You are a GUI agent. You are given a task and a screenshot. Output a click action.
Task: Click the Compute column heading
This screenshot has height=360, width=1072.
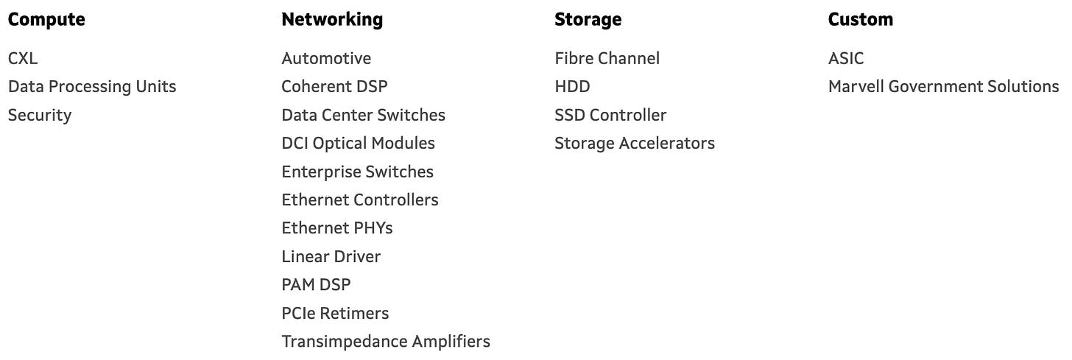point(46,20)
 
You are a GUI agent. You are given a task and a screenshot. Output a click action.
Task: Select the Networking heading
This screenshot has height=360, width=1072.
point(332,20)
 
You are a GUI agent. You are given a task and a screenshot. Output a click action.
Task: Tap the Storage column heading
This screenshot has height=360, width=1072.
point(588,20)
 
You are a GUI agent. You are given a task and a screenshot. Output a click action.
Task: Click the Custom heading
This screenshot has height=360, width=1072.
point(860,20)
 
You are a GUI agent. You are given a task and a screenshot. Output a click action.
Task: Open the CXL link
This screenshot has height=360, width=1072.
point(23,58)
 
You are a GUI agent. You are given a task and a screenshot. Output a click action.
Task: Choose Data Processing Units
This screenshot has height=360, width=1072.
point(92,87)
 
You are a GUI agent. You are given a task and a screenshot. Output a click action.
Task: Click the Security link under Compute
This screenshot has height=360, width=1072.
point(40,115)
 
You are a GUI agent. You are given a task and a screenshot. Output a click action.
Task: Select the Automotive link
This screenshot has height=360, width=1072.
point(326,58)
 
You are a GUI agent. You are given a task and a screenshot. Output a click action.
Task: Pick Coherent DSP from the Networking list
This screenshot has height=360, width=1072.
point(334,87)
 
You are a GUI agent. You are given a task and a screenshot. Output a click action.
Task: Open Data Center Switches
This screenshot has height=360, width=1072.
point(363,115)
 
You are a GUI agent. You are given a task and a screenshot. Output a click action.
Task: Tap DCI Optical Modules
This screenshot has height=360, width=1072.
point(358,143)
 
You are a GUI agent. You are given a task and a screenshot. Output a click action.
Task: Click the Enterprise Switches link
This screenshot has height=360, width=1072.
point(357,172)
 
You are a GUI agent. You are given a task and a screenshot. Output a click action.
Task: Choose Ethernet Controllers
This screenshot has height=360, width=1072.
point(359,200)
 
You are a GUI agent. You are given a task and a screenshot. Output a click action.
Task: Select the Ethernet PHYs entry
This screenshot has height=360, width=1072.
point(337,228)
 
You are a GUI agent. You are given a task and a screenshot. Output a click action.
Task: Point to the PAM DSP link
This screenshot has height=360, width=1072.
point(316,285)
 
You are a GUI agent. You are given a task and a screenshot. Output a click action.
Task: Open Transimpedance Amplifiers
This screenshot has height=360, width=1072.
point(385,342)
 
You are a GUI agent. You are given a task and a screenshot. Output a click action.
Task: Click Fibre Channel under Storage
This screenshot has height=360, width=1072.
point(607,58)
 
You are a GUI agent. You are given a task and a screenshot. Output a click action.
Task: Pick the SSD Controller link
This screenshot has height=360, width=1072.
point(610,115)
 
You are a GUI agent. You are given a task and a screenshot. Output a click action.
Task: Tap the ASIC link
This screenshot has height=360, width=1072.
point(846,58)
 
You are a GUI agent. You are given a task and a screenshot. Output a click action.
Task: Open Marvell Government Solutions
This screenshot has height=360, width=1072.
point(943,87)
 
